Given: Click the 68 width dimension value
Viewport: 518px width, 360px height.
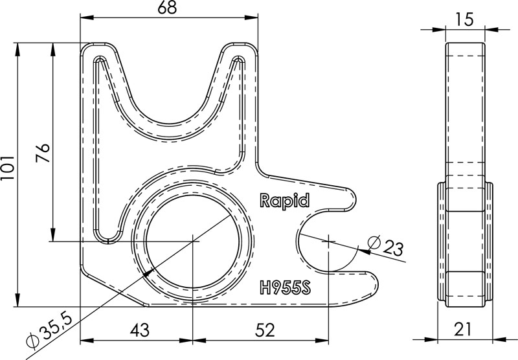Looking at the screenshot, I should pos(170,10).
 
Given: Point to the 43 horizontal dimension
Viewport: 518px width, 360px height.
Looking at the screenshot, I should pos(139,330).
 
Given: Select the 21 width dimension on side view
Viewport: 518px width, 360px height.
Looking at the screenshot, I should pos(464,330).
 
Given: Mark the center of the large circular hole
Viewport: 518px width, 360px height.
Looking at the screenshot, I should pos(194,242).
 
